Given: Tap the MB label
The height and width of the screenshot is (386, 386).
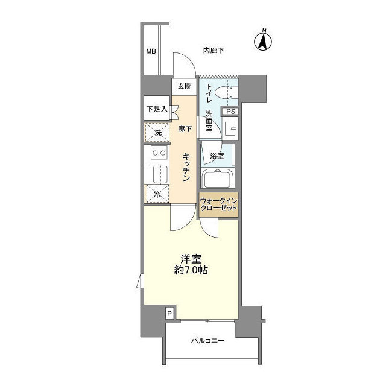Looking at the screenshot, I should click(150, 51).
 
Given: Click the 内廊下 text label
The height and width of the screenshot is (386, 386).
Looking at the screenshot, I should click(214, 51).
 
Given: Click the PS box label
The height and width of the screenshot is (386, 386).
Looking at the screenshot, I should click(230, 112).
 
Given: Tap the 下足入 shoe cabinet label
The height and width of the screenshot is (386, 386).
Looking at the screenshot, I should click(156, 110).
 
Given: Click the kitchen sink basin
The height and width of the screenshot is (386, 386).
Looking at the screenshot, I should click(157, 174).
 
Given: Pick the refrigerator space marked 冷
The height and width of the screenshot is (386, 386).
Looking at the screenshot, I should click(157, 194).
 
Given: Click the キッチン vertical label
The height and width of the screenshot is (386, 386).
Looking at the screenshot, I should click(187, 168).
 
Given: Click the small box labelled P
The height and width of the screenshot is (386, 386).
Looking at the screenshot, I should click(169, 313).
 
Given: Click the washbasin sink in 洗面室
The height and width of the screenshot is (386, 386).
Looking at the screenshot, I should click(230, 128).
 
